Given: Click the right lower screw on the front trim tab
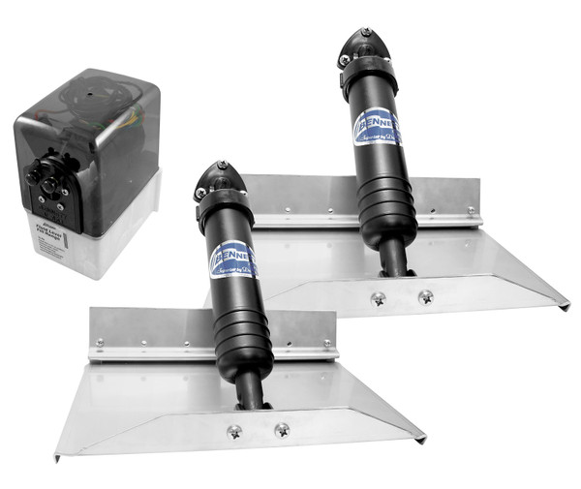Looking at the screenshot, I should [x=282, y=428].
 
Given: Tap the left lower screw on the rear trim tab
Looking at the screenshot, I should [x=378, y=298].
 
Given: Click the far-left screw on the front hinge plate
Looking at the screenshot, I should [x=99, y=344].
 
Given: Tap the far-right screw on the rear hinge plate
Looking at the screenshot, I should [x=472, y=211].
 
